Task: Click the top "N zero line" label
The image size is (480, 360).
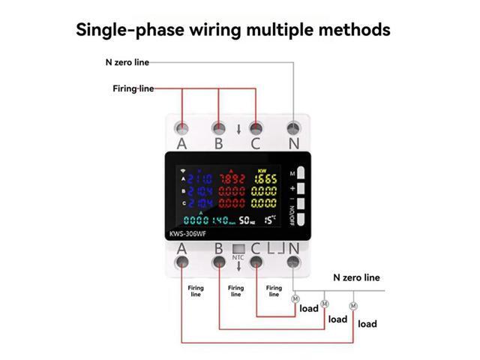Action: (132, 63)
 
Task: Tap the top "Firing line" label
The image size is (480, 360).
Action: (133, 88)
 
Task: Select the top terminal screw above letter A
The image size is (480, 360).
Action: (181, 127)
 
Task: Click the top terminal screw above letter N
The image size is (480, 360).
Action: (293, 127)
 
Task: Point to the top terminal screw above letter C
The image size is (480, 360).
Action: (256, 127)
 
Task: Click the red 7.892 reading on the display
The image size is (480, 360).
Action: (232, 178)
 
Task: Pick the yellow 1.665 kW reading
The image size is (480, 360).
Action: (269, 178)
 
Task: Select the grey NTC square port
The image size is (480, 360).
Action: (238, 249)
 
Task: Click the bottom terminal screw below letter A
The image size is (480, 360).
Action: (181, 262)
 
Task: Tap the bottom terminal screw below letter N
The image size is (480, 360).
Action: (293, 262)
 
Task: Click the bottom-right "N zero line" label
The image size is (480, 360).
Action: (356, 277)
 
